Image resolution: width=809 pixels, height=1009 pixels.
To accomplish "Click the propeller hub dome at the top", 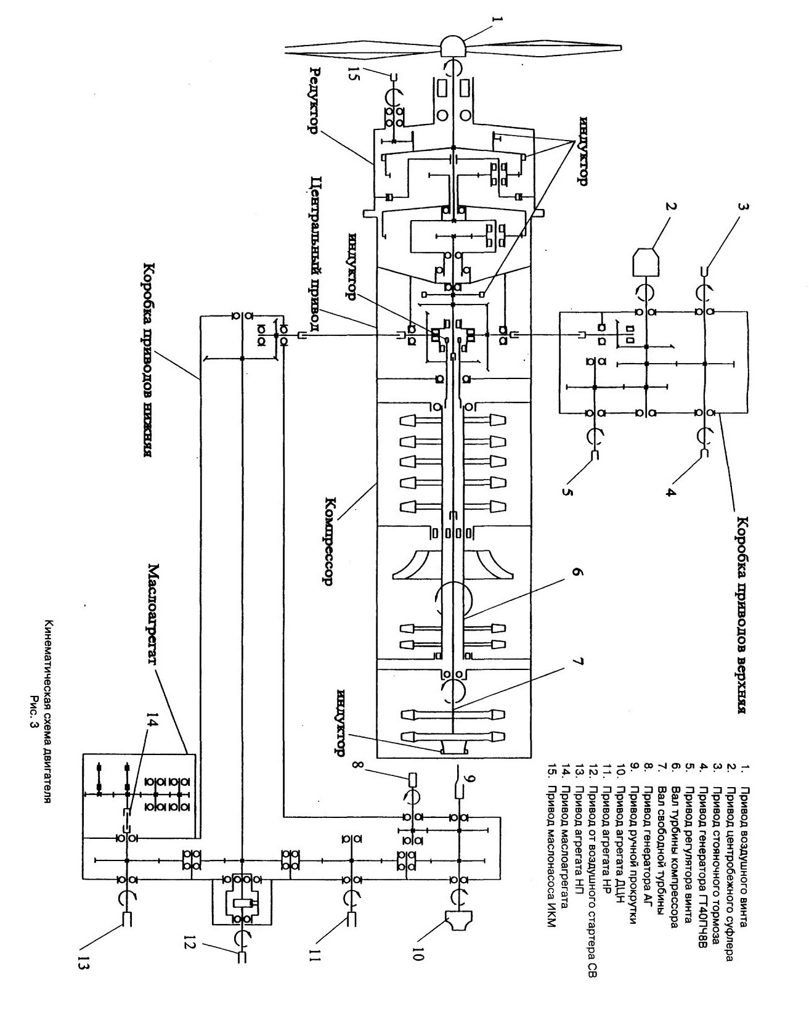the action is click(453, 46).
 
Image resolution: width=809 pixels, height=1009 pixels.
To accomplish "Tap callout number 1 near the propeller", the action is click(497, 20).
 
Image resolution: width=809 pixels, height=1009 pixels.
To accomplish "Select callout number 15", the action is click(353, 74).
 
